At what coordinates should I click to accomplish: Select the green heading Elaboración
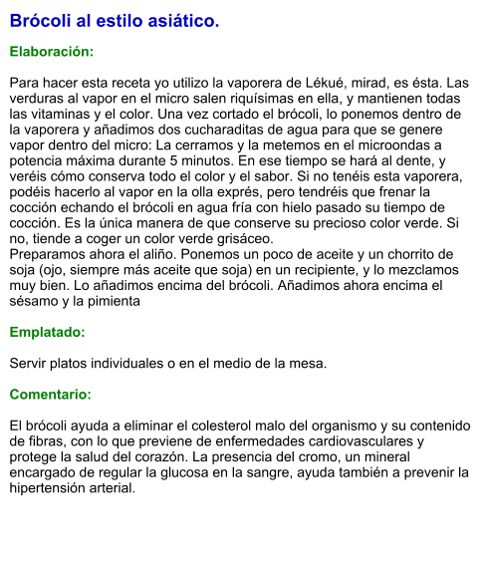(52, 51)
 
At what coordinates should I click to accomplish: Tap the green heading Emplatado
(47, 332)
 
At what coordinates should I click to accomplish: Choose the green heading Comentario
(50, 395)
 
